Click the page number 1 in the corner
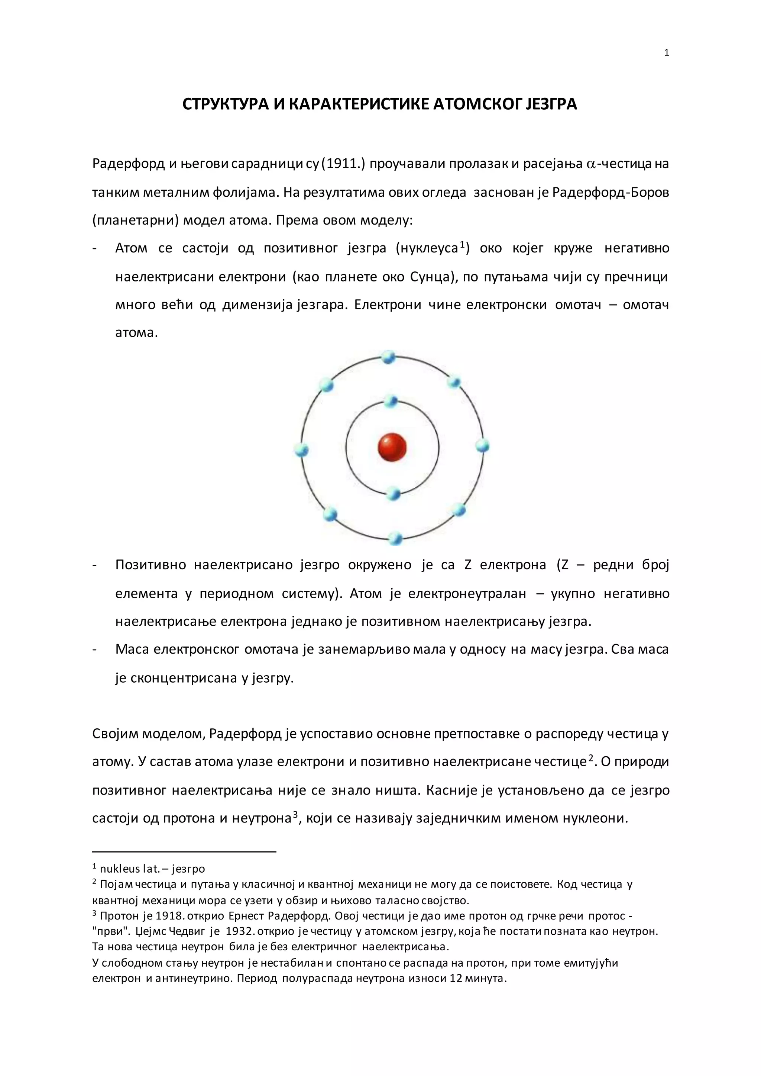pos(666,53)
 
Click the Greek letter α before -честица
pos(590,165)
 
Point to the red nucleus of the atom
pos(392,447)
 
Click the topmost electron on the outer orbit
pos(388,357)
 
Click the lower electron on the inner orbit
pos(394,493)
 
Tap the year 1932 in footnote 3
pos(240,931)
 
